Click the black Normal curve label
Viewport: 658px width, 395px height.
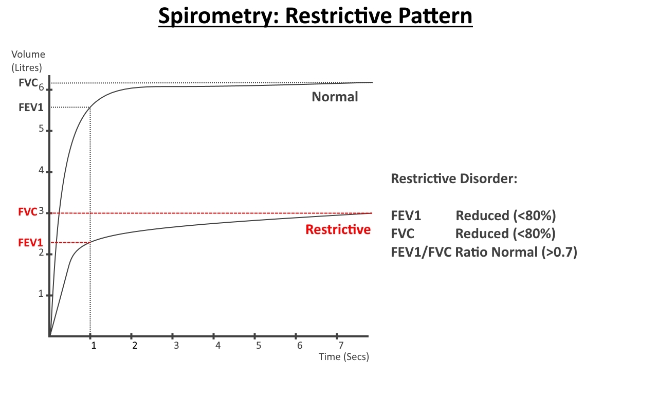coord(335,97)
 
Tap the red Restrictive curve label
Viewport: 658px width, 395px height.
coord(338,229)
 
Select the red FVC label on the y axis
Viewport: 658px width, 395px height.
coord(28,211)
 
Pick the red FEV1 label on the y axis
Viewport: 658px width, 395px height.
coord(30,243)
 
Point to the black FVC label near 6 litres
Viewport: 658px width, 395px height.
coord(28,83)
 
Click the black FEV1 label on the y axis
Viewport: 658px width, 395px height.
coord(31,107)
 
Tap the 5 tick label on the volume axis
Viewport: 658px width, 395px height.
coord(41,129)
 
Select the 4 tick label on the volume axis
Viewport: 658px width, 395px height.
coord(41,170)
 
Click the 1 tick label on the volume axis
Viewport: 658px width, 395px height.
coord(41,294)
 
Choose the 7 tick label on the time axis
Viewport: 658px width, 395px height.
coord(341,345)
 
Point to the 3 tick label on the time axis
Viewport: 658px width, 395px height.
coord(176,345)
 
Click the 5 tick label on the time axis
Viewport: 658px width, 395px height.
coord(259,345)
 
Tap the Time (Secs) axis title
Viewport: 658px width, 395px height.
coord(344,357)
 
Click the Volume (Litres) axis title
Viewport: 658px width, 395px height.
coord(28,61)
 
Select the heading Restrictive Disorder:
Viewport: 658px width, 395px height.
coord(454,178)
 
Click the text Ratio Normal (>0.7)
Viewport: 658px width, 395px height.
coord(517,252)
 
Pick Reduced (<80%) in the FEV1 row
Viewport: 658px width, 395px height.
coord(506,216)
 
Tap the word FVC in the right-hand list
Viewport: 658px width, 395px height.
coord(403,234)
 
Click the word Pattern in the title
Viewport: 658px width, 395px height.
coord(435,16)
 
